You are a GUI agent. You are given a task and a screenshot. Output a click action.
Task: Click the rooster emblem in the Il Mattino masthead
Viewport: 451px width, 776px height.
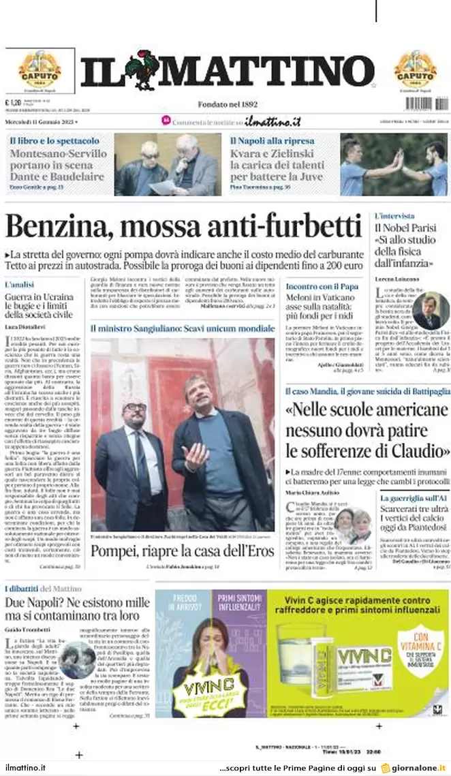(144, 70)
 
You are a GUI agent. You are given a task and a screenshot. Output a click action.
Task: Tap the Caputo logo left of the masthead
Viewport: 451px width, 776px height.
(40, 69)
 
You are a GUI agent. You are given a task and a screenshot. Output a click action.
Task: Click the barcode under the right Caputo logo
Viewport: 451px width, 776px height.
(427, 104)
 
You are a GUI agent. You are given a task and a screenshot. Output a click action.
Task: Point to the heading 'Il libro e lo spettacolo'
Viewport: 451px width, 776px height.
(55, 140)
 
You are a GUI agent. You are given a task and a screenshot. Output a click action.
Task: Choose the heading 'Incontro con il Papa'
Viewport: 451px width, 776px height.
(322, 286)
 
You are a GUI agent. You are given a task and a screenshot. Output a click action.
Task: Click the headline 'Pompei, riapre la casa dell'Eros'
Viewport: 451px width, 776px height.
(182, 550)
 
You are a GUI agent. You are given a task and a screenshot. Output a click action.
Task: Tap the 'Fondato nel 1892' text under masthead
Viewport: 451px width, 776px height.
(228, 104)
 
